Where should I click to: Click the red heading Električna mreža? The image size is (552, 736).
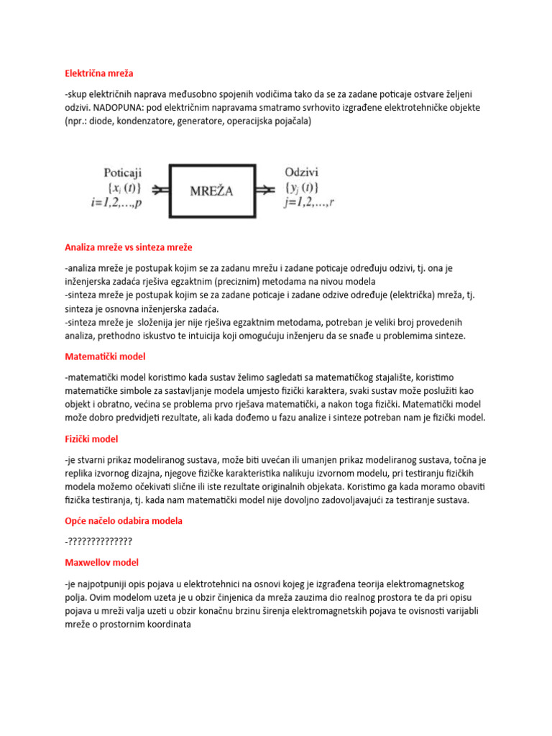pos(98,73)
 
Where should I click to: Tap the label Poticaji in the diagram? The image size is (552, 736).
pos(123,173)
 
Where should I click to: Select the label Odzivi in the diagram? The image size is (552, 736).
pos(302,173)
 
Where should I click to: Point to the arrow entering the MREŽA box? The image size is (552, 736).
pos(160,190)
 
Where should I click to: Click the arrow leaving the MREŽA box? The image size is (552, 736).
pos(267,190)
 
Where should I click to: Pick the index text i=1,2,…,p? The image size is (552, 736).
pos(117,203)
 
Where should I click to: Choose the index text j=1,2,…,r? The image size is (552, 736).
pos(309,203)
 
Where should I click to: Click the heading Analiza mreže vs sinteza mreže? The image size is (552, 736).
pos(128,247)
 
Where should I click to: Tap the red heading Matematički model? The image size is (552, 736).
pos(104,356)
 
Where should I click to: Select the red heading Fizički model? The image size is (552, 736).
pos(91,438)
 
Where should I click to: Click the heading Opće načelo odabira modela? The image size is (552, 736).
pos(123,520)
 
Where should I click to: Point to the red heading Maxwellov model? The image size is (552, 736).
pos(101,562)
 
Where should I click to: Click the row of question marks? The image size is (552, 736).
pos(98,541)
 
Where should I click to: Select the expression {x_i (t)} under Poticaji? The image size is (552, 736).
pos(123,189)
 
